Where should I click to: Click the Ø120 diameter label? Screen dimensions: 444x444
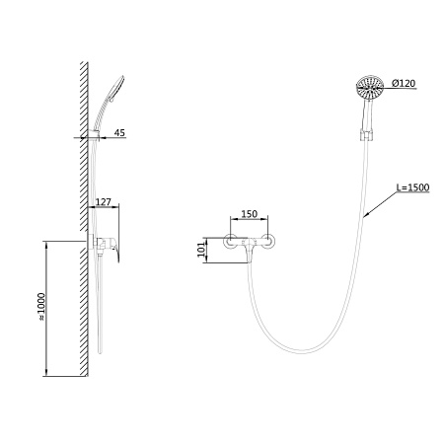404,84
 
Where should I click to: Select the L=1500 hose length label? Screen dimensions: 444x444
412,187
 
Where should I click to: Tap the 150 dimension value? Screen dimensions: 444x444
250,214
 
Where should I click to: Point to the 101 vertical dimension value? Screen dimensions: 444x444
201,250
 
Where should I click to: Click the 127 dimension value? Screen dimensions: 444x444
104,201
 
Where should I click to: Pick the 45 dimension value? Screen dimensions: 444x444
119,132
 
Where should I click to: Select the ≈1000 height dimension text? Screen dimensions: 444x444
41,307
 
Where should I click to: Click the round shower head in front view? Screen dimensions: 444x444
370,86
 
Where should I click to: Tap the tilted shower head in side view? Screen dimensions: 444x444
117,88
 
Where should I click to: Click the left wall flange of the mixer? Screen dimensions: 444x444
231,241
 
